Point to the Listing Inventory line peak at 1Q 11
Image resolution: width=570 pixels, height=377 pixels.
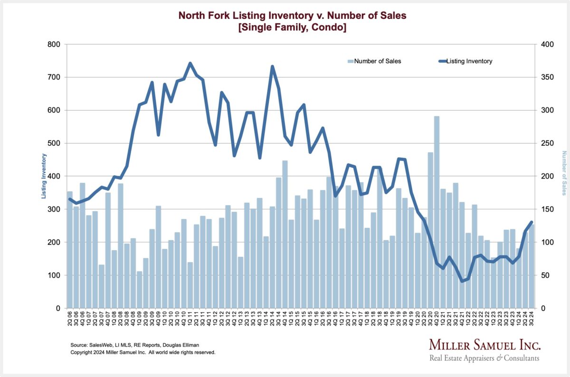pos(190,63)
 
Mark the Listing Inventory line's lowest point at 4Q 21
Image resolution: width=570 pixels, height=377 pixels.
pos(462,281)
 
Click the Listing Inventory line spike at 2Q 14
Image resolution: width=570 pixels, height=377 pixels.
pos(273,66)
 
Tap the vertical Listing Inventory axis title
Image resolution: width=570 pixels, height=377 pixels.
pos(44,176)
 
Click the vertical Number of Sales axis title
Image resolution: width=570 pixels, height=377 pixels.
pos(564,173)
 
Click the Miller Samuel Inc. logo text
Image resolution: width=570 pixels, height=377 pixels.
pos(484,345)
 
